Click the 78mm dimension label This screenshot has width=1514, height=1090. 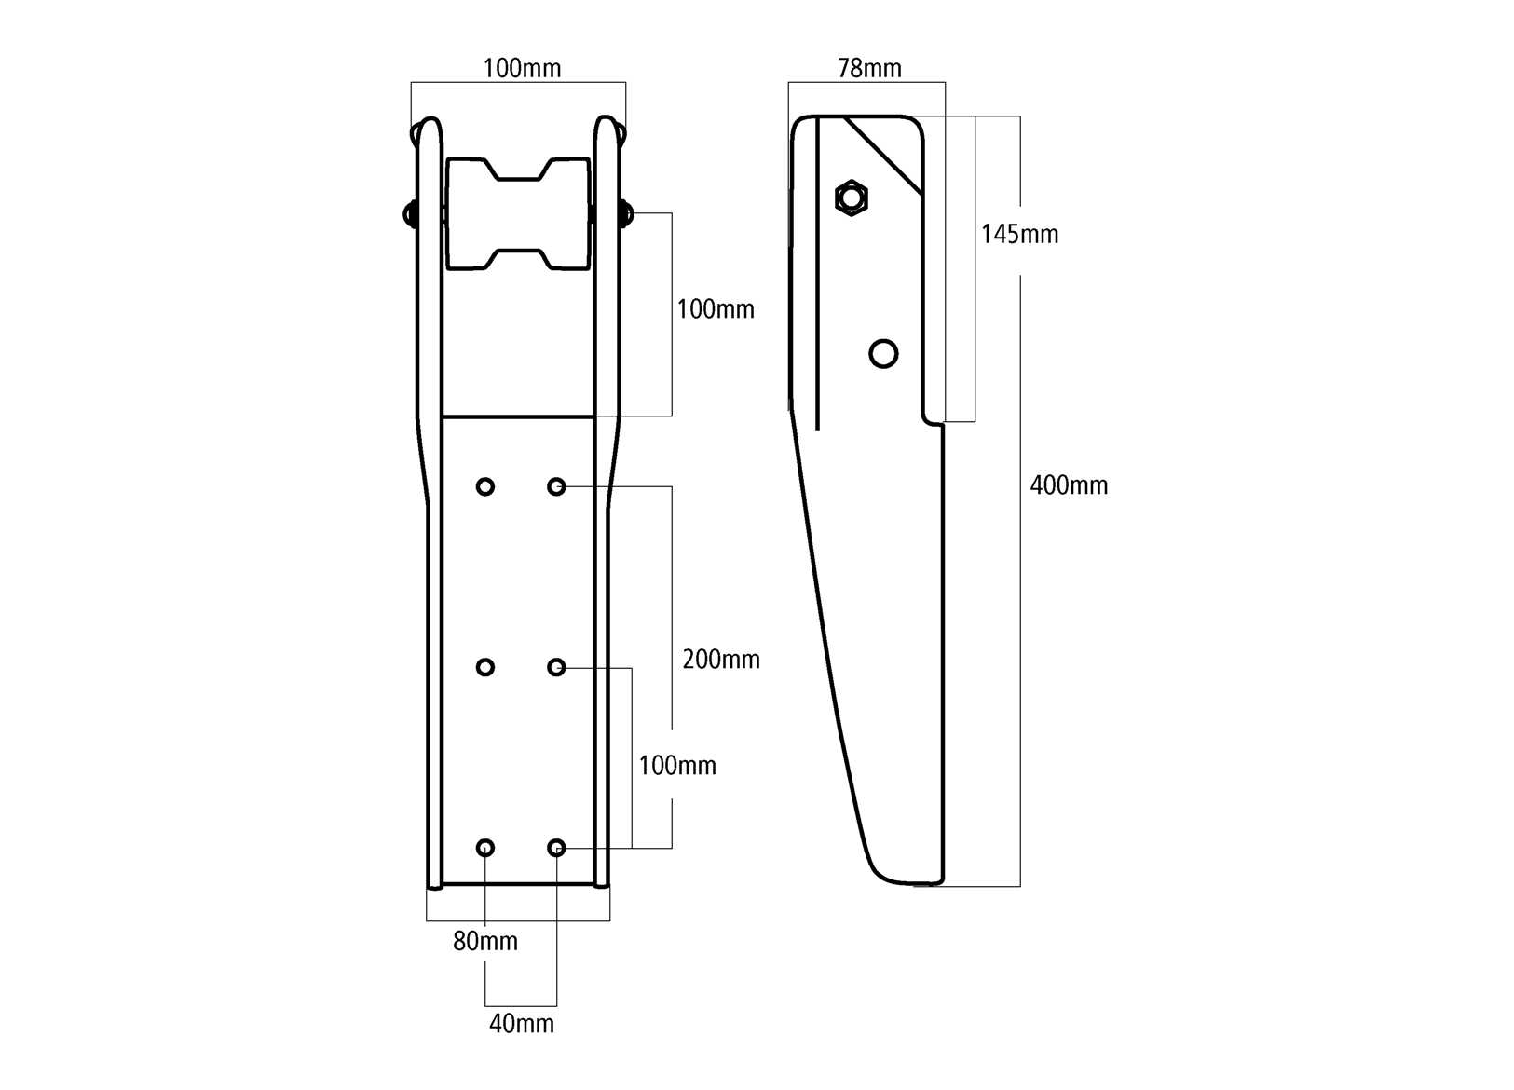pos(869,68)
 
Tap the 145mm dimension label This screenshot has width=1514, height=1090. pos(1019,234)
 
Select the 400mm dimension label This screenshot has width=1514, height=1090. pos(1069,485)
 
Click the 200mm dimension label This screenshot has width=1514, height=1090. pos(721,660)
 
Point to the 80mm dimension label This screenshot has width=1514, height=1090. pos(485,942)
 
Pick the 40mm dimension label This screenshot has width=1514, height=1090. pos(522,1024)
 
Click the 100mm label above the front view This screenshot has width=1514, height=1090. pos(522,68)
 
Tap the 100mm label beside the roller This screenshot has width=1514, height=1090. pos(716,309)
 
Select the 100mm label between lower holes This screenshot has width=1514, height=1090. pos(677,766)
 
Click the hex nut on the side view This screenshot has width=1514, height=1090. pos(851,198)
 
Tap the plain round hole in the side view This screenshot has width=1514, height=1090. pos(883,354)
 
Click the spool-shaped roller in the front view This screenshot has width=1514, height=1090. pos(518,214)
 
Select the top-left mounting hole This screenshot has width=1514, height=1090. pos(485,486)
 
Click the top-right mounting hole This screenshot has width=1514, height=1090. pos(556,486)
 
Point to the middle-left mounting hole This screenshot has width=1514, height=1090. pos(485,667)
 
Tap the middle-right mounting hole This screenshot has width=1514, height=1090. pos(556,667)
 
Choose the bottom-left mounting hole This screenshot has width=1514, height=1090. pos(485,848)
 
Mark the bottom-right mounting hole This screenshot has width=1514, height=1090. pos(556,848)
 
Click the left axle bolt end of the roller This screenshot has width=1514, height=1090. pos(409,214)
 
